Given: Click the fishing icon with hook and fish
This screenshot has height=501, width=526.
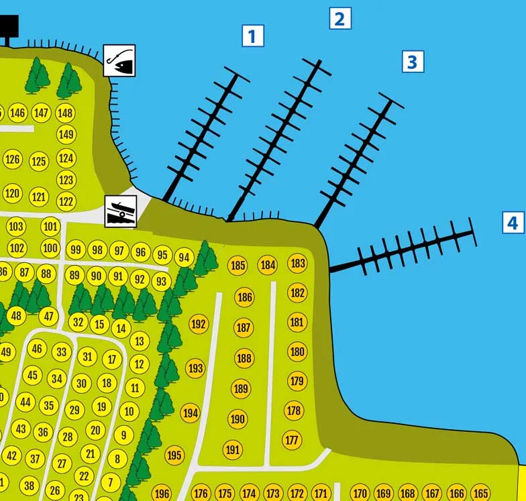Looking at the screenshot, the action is [119, 60].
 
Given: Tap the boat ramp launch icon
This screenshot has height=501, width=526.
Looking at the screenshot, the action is [121, 212].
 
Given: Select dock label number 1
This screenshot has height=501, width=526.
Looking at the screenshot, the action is [253, 36].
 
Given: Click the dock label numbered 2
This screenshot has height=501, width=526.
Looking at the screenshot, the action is [340, 19].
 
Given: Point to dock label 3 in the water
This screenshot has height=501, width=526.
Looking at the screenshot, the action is [413, 62].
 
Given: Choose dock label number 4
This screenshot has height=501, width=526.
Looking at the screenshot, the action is [513, 223].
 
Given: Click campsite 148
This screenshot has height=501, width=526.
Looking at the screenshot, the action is [65, 113].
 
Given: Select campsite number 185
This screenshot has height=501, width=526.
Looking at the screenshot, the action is [238, 266].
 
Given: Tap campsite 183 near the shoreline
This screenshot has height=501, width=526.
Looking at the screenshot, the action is [298, 263].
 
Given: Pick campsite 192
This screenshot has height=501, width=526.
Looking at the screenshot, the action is [199, 324].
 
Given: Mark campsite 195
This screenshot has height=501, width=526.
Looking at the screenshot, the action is [174, 455].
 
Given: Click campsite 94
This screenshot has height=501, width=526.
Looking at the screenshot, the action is [184, 258].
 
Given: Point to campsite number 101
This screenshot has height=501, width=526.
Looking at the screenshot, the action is [51, 227].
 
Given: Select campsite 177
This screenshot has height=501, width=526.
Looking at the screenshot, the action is [293, 440].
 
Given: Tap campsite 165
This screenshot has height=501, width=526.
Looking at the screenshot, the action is [480, 493].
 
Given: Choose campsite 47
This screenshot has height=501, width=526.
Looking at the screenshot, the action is [48, 316].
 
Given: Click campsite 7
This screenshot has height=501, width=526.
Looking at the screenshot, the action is [110, 482].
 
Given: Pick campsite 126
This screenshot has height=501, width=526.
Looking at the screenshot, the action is [13, 159].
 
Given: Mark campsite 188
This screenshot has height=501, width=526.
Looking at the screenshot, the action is [244, 358].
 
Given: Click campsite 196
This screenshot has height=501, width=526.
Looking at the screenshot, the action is [162, 493].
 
